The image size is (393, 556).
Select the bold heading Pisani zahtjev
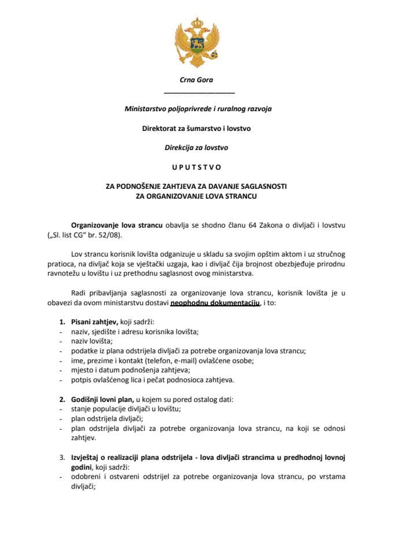click(94, 321)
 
